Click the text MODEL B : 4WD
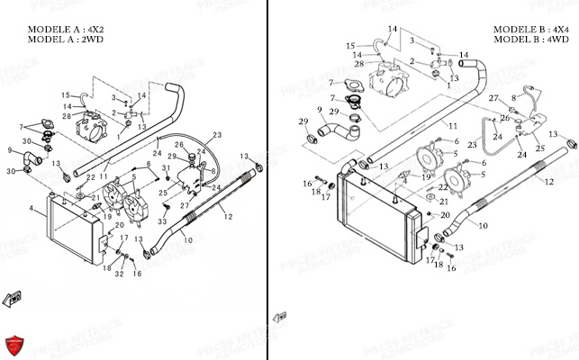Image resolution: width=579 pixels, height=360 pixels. (x=530, y=40)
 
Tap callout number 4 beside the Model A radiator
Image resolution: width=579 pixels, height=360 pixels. (x=32, y=210)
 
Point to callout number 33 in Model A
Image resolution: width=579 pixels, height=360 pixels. (x=163, y=221)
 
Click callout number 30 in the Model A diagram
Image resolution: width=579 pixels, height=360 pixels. (x=10, y=169)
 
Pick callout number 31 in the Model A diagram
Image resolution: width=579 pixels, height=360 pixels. (x=166, y=168)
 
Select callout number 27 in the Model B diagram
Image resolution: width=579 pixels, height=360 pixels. (x=493, y=96)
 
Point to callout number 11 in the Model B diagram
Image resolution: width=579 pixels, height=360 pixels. (x=453, y=126)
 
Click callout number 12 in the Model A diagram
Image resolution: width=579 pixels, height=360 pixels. (x=228, y=216)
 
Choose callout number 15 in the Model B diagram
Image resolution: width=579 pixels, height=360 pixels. (x=349, y=43)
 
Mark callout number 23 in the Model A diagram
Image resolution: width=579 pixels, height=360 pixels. (x=216, y=135)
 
